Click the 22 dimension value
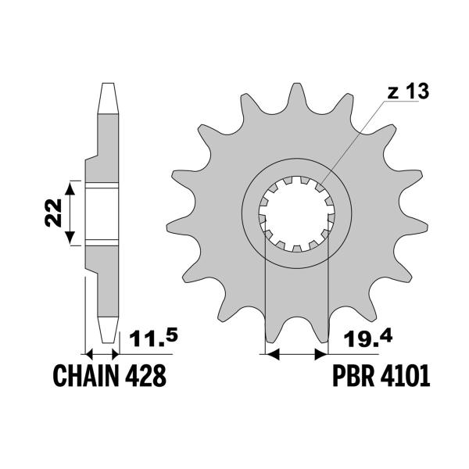click(53, 213)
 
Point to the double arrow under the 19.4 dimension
click(297, 354)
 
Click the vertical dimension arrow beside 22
click(70, 213)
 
